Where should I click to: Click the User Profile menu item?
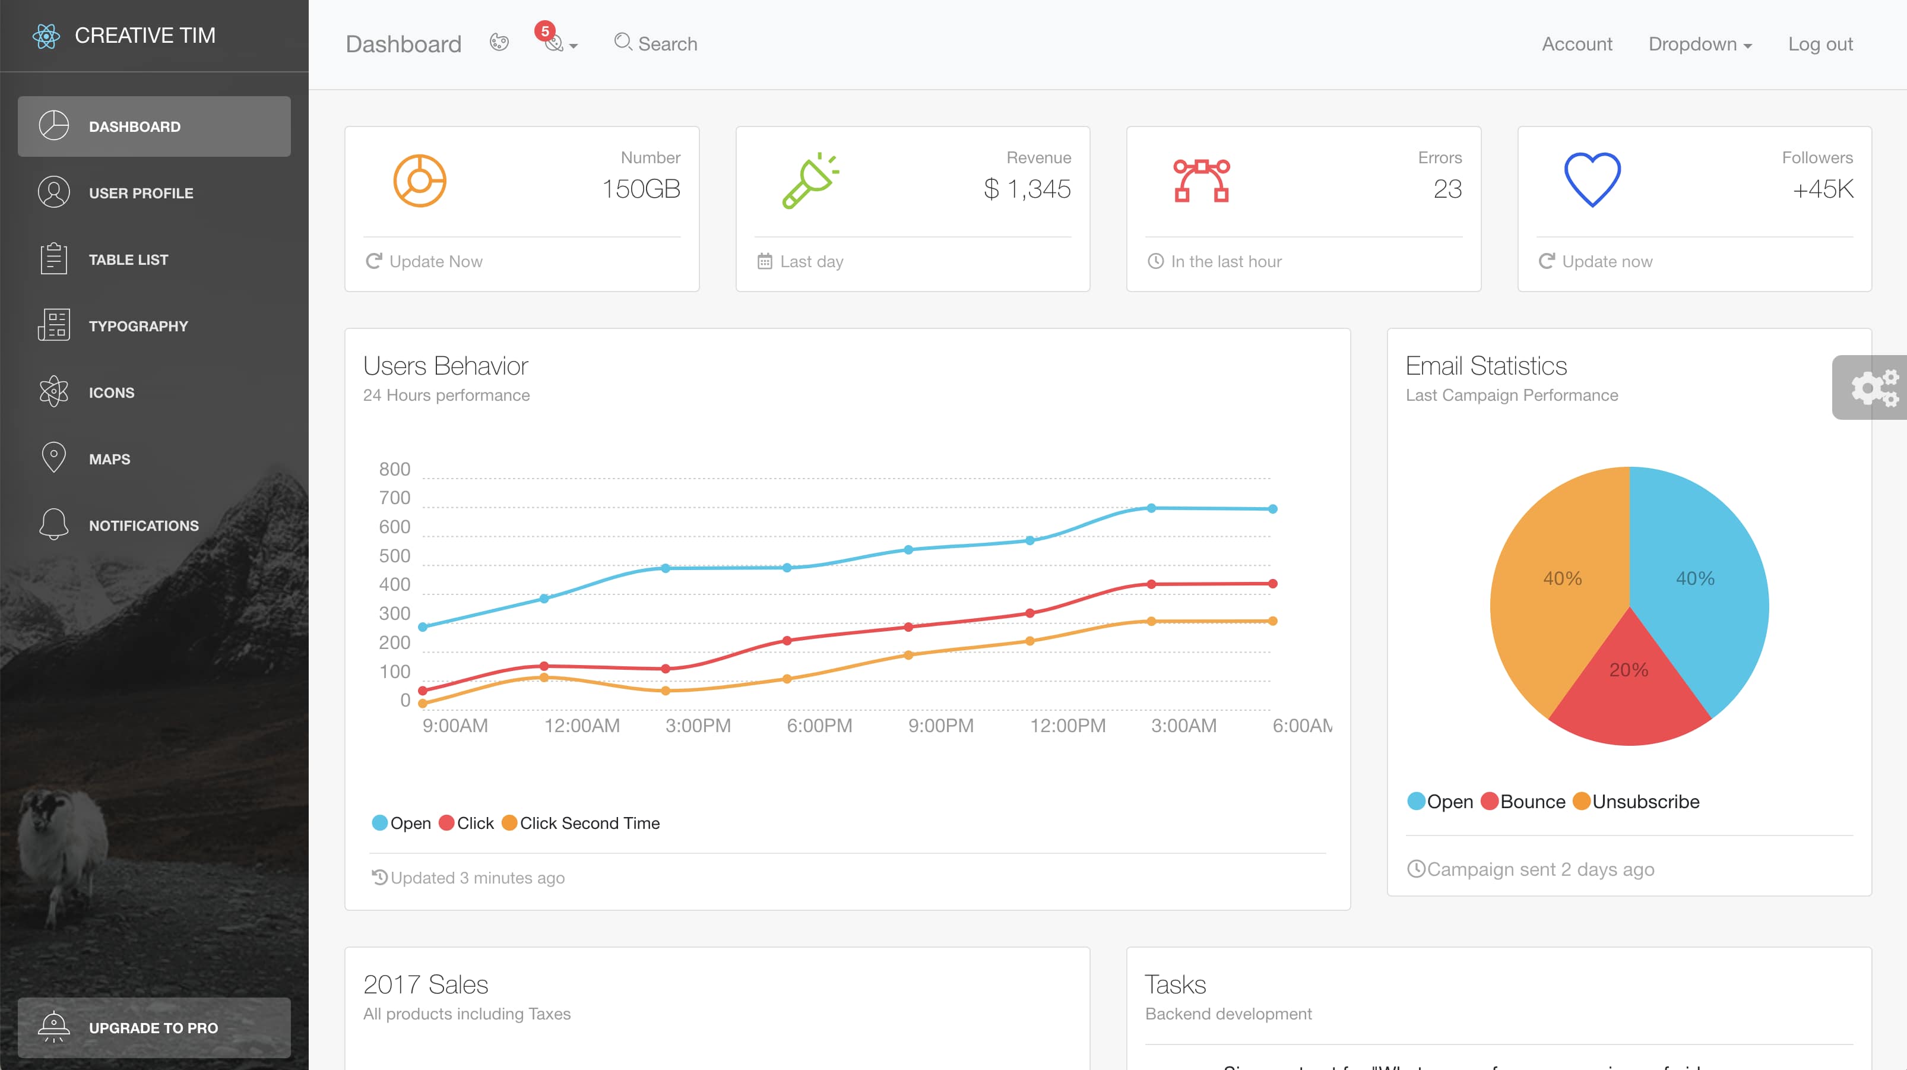[x=141, y=192]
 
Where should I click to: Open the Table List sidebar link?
[x=128, y=259]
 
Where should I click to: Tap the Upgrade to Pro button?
[x=154, y=1027]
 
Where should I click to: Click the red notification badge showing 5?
[x=545, y=31]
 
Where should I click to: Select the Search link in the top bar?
[x=656, y=44]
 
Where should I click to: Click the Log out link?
[x=1820, y=44]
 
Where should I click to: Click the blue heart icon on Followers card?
[x=1592, y=180]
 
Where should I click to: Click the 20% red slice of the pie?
[x=1629, y=681]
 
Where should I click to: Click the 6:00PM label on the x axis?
[x=819, y=726]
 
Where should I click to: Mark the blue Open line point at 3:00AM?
[x=1151, y=508]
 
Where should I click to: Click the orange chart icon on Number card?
[x=419, y=181]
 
